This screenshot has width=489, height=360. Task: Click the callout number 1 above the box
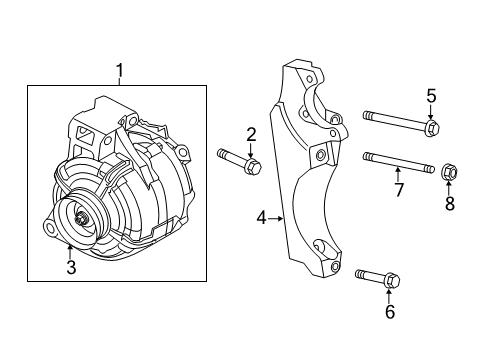coord(119,71)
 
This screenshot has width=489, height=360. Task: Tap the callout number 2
coord(251,135)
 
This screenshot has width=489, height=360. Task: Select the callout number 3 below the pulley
coord(70,266)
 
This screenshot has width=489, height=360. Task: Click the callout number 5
coord(431,96)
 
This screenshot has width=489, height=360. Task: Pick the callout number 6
coord(389,312)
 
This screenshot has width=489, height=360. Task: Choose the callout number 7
coord(397,189)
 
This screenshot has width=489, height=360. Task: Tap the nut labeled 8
coord(449,174)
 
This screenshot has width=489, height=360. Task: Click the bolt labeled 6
coord(376,277)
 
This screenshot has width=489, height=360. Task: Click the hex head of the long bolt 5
coord(431,128)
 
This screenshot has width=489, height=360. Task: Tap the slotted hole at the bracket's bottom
coord(319,246)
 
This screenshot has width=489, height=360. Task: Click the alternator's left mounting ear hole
coord(47,229)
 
